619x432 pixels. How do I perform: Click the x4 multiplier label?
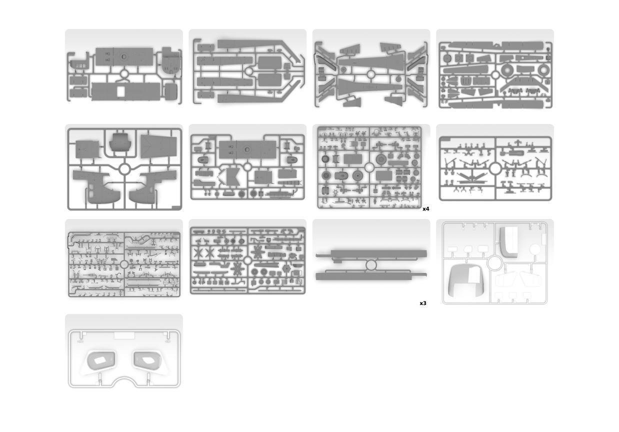click(x=426, y=209)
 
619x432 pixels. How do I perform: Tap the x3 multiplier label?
click(x=423, y=303)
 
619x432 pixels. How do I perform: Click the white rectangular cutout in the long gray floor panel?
click(x=121, y=92)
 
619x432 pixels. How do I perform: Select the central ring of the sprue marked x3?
click(x=371, y=265)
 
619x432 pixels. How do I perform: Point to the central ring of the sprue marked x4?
click(x=369, y=167)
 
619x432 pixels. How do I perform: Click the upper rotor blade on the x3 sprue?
click(x=371, y=254)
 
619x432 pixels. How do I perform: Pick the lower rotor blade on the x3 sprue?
click(x=371, y=276)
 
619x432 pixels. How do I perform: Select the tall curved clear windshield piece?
click(x=508, y=242)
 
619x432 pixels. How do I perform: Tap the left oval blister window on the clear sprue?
click(x=101, y=360)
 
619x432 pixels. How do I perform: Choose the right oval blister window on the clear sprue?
click(x=147, y=360)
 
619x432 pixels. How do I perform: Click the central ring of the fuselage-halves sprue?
click(x=124, y=169)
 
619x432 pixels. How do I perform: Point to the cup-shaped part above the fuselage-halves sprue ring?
click(x=120, y=142)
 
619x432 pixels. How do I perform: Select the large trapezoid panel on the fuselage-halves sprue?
click(x=159, y=146)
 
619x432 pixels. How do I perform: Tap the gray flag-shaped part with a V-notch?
click(x=230, y=177)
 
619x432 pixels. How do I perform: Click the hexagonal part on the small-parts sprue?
click(x=287, y=268)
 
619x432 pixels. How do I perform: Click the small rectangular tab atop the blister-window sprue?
click(x=124, y=335)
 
